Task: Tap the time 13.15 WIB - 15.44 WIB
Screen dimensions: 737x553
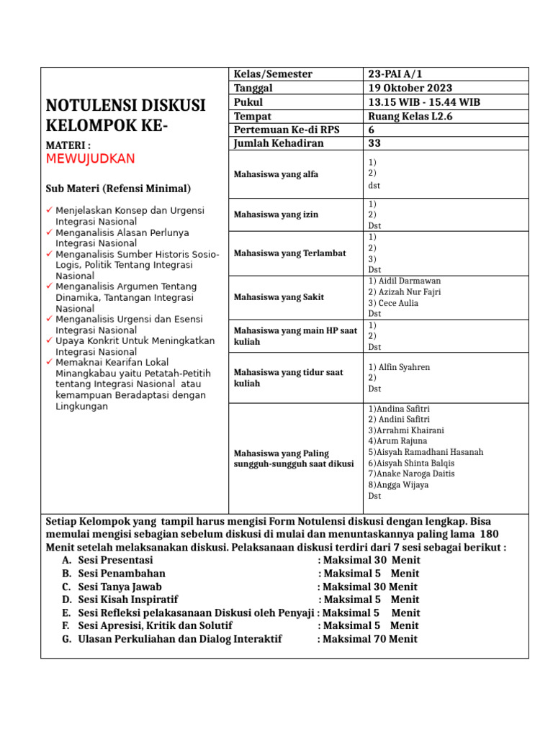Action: (423, 102)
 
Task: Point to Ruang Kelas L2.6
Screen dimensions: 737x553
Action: (410, 116)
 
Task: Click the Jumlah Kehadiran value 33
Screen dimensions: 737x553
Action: (374, 143)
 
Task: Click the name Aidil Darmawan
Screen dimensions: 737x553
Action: (408, 281)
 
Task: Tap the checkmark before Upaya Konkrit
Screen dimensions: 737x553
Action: (48, 340)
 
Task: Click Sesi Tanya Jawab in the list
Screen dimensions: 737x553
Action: (120, 587)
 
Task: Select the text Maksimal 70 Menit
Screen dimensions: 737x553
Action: (370, 638)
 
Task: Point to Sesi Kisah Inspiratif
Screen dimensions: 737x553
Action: (127, 600)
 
